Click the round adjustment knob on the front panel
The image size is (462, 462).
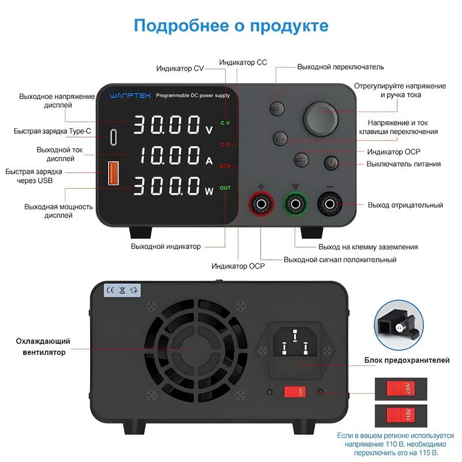click(x=321, y=118)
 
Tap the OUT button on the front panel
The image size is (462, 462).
click(x=277, y=109)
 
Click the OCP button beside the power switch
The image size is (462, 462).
click(x=301, y=159)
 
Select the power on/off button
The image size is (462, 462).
click(x=330, y=163)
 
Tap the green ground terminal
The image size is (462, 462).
click(x=295, y=204)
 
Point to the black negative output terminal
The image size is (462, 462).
click(x=330, y=204)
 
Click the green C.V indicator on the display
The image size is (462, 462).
click(x=225, y=123)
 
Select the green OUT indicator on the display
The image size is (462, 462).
click(x=225, y=188)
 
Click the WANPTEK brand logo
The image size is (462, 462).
click(x=130, y=95)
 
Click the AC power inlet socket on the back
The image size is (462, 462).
click(x=295, y=343)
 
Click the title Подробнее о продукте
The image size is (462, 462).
click(x=231, y=26)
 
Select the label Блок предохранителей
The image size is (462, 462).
click(x=407, y=360)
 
